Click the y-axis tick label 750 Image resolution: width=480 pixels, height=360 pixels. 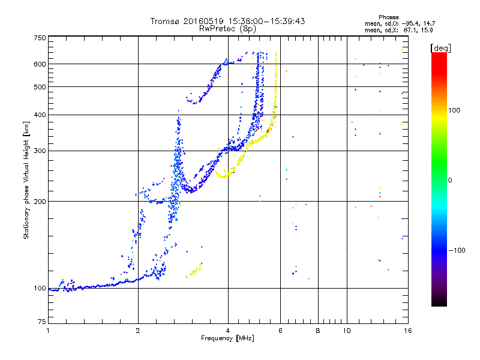pyautogui.click(x=40, y=38)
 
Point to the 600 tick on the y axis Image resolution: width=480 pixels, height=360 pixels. pyautogui.click(x=40, y=64)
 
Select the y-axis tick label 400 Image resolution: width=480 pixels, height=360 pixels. pyautogui.click(x=40, y=115)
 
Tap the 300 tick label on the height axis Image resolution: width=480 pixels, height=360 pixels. pyautogui.click(x=40, y=151)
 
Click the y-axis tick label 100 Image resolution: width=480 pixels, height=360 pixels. pyautogui.click(x=40, y=288)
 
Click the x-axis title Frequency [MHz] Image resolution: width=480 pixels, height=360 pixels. pyautogui.click(x=228, y=339)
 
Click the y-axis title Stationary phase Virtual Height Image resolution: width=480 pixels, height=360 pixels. pyautogui.click(x=26, y=180)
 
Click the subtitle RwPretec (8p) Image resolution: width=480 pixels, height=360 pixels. pyautogui.click(x=228, y=28)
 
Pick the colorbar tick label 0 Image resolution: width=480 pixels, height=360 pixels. pyautogui.click(x=451, y=180)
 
